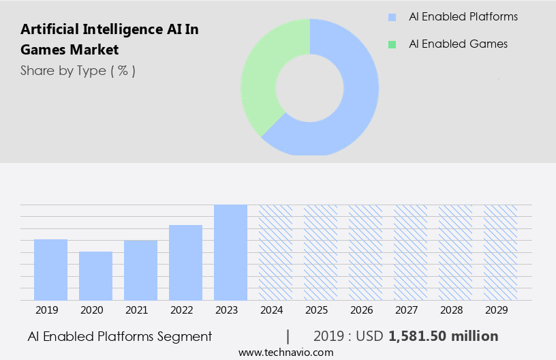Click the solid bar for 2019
50,269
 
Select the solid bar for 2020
95,275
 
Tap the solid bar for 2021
140,270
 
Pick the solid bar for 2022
185,262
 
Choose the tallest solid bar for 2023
230,252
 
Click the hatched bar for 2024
275,252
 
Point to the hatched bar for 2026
365,252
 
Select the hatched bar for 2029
500,252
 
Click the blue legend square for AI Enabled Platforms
392,17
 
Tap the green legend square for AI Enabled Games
392,44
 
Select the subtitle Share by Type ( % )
78,71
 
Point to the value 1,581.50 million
444,336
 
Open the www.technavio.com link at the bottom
286,352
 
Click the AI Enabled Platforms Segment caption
120,336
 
